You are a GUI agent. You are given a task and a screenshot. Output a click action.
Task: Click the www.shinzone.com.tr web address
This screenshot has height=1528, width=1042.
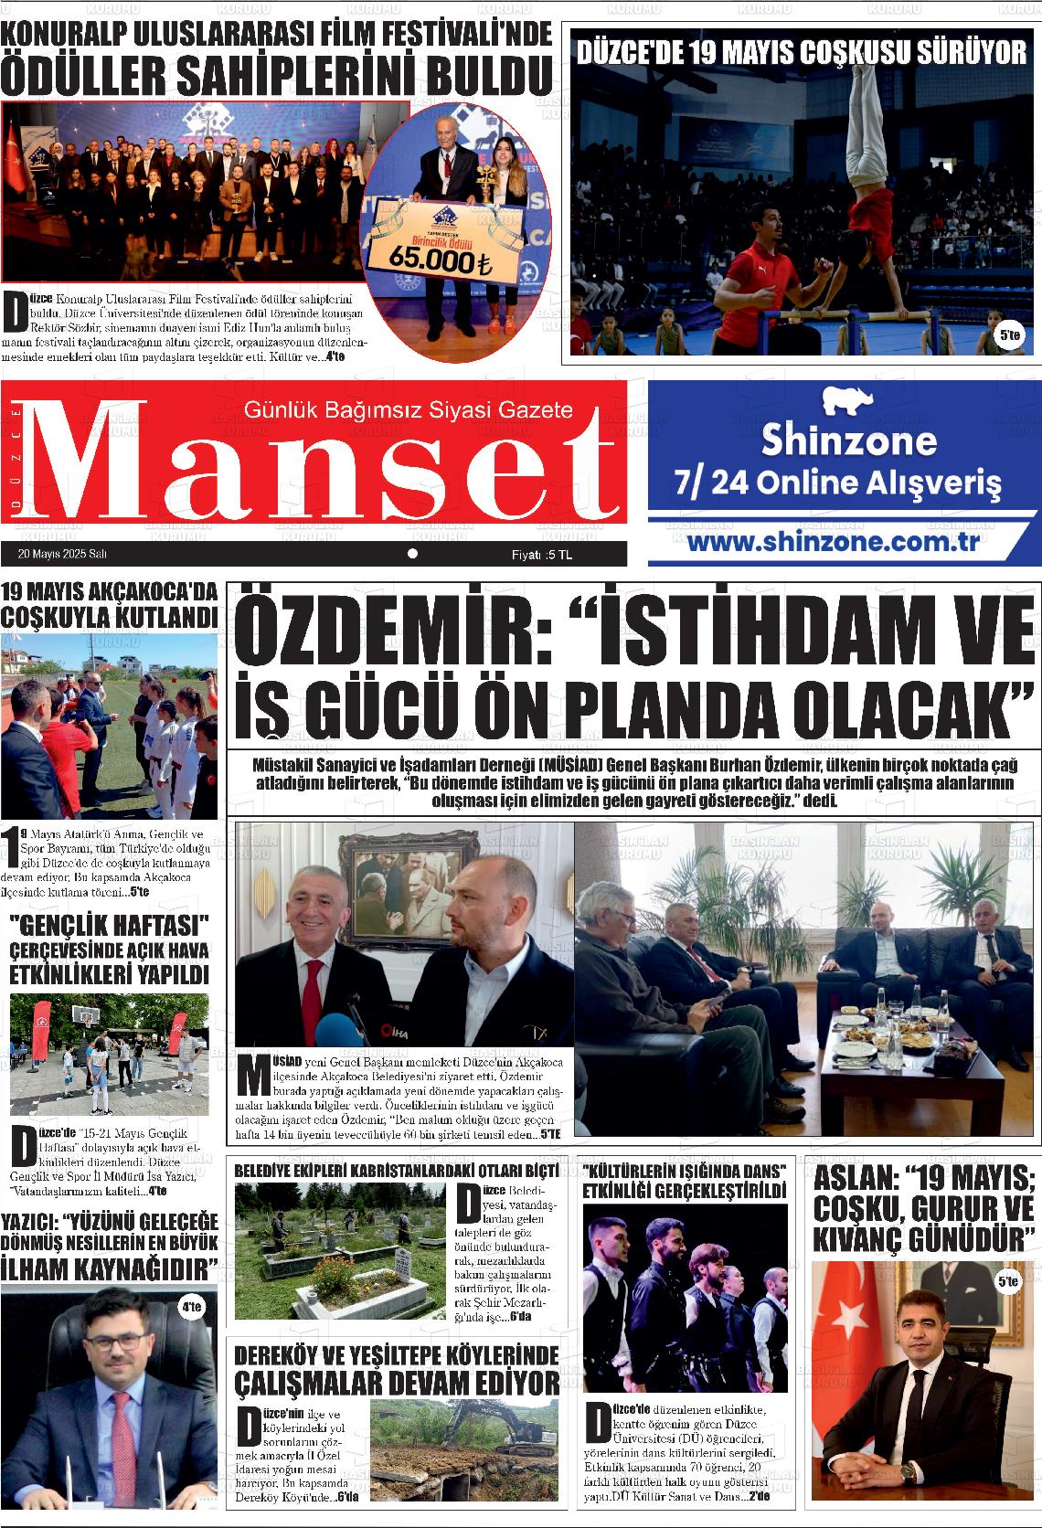(x=833, y=541)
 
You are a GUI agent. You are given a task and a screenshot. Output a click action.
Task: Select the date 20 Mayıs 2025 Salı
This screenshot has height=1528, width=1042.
(x=62, y=555)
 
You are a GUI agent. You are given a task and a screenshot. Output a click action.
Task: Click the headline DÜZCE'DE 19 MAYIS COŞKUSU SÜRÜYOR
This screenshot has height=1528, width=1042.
(x=802, y=52)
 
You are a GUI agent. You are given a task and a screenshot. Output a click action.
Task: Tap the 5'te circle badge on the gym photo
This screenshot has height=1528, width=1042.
(x=1010, y=336)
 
